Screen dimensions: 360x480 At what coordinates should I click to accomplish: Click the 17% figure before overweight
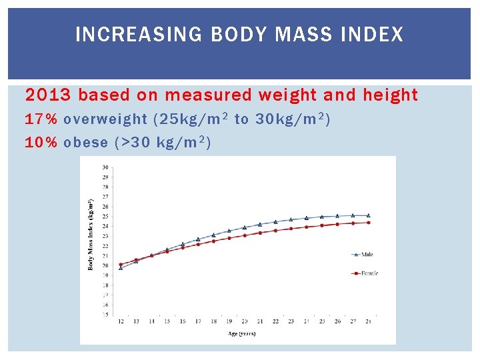pyautogui.click(x=41, y=119)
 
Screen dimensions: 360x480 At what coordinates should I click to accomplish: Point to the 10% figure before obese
pyautogui.click(x=41, y=142)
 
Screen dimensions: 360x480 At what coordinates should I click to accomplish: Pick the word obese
pyautogui.click(x=85, y=142)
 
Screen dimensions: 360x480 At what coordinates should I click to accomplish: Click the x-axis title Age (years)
pyautogui.click(x=241, y=333)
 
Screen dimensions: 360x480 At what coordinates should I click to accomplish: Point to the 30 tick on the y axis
pyautogui.click(x=106, y=167)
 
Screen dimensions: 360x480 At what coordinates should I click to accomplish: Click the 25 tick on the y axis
pyautogui.click(x=106, y=216)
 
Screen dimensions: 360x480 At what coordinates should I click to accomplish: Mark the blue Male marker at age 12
pyautogui.click(x=121, y=267)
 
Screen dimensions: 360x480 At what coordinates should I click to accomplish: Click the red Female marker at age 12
pyautogui.click(x=121, y=264)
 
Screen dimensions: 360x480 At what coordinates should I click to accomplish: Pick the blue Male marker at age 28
pyautogui.click(x=368, y=215)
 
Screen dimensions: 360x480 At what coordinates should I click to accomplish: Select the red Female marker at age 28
pyautogui.click(x=368, y=223)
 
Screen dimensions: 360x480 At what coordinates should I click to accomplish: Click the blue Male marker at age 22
pyautogui.click(x=275, y=222)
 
